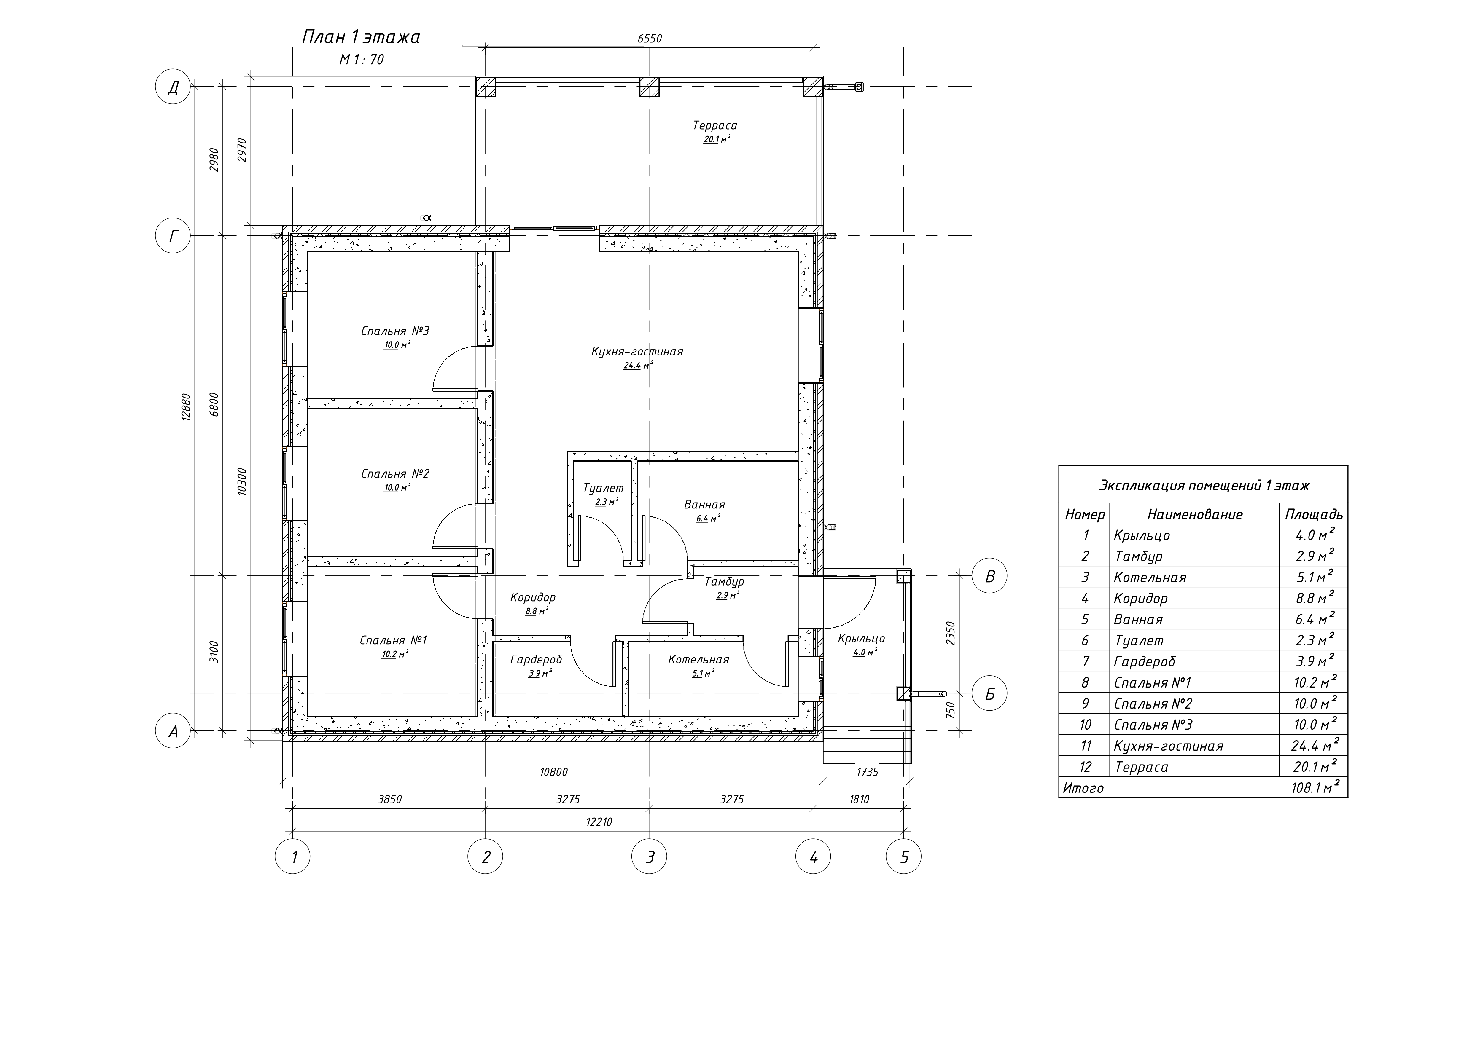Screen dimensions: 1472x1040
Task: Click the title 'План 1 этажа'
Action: [361, 37]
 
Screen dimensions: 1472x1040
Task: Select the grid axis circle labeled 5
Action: [904, 857]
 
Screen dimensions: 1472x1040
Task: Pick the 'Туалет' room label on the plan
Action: [603, 488]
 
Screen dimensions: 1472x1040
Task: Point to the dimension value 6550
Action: [650, 39]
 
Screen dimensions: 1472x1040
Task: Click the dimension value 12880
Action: [186, 406]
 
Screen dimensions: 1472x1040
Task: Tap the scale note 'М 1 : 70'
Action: [362, 60]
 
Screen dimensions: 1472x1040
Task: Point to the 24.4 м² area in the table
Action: [1315, 745]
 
